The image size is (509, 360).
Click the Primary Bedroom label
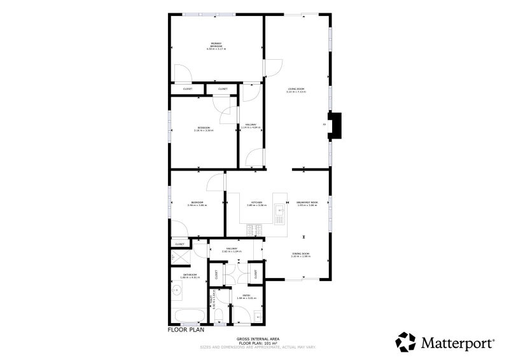click(x=216, y=46)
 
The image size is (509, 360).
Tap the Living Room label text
click(x=296, y=90)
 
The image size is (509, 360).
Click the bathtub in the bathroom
click(x=189, y=316)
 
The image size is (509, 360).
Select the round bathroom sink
click(x=178, y=293)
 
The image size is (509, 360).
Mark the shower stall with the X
click(x=176, y=256)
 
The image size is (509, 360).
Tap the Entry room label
click(x=241, y=296)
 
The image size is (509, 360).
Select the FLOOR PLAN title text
click(x=186, y=330)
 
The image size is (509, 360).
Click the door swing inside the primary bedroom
click(x=183, y=74)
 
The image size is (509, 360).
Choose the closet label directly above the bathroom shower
click(x=179, y=244)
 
